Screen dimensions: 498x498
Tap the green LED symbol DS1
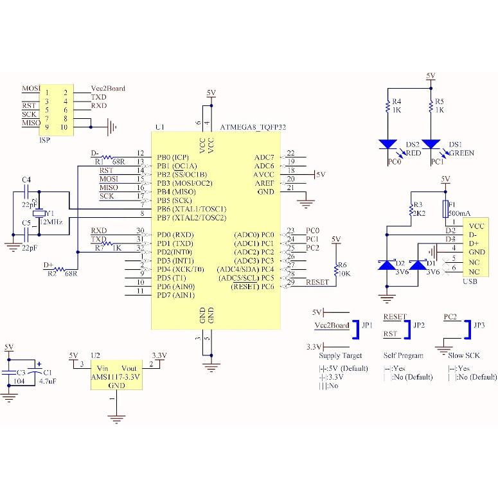pos(431,144)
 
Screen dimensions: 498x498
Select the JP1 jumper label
pos(367,326)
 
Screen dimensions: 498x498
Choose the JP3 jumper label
pos(479,326)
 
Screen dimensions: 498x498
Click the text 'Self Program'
pos(403,355)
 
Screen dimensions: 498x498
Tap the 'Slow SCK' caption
pos(463,355)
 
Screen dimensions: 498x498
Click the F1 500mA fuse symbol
pos(445,208)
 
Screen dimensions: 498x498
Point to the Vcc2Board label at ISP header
pos(107,89)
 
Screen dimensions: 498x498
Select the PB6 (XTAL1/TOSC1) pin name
pos(191,209)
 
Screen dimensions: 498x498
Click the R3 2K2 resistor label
pos(418,208)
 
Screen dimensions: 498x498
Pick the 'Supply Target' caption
pos(341,355)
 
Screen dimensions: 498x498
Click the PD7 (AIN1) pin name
pos(175,295)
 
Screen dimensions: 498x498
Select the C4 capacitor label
pos(26,179)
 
